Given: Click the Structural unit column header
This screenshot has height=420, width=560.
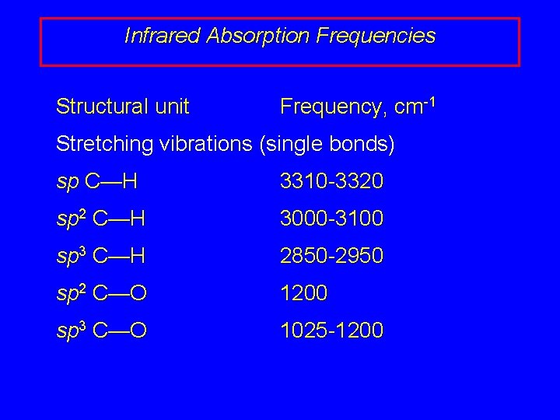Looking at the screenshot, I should pos(123,106).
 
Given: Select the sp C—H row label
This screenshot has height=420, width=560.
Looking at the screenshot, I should pos(97,182).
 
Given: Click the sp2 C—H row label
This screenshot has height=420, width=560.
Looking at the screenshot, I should pos(102,219).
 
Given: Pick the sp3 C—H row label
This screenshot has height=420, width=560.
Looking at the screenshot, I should pos(102,256).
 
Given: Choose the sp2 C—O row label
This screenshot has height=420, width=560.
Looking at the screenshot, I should pos(102,293).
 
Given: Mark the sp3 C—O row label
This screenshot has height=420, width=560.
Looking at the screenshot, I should pos(102,331).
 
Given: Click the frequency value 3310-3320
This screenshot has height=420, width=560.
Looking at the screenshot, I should pos(331,182).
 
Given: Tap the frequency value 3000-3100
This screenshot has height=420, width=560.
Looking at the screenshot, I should pos(331,219).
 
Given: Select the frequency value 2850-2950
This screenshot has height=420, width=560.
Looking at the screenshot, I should pos(331,256).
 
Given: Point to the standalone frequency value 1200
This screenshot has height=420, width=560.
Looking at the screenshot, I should pos(304,293).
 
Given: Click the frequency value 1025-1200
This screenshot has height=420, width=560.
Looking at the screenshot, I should pos(331,331).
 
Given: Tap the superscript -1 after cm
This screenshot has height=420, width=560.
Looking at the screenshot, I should pos(426,100).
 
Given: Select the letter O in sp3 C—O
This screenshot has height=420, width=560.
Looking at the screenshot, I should pos(138,331).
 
